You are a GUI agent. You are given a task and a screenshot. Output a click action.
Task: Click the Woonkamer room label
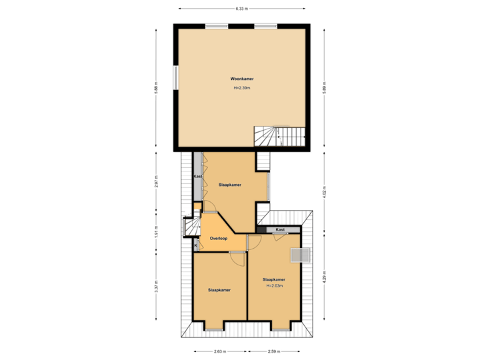point(243,79)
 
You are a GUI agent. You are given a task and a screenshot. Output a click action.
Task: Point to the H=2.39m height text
point(243,88)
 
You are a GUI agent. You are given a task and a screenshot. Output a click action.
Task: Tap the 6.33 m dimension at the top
point(241,9)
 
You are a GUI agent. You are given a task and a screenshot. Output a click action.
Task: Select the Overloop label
point(219,238)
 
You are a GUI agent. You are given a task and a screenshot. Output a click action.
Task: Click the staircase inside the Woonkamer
point(279,136)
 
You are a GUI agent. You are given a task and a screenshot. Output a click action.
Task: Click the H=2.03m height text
point(274,286)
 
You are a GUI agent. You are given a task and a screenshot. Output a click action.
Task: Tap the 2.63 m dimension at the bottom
point(219,351)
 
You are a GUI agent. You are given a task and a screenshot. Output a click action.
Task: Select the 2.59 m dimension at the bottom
point(273,351)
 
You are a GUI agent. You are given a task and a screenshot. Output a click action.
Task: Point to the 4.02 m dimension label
point(324,192)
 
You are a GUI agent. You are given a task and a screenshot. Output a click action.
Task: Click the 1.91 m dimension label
point(156,233)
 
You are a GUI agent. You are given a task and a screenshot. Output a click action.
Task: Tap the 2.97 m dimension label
point(156,182)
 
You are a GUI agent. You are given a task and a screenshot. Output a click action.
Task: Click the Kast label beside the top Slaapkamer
point(198,176)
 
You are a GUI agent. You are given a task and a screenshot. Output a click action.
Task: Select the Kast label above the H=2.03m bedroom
point(280,229)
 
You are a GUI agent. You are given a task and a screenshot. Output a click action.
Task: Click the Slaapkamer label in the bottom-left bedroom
point(219,290)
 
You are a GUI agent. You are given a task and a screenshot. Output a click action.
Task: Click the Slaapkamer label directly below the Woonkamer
point(230,185)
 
